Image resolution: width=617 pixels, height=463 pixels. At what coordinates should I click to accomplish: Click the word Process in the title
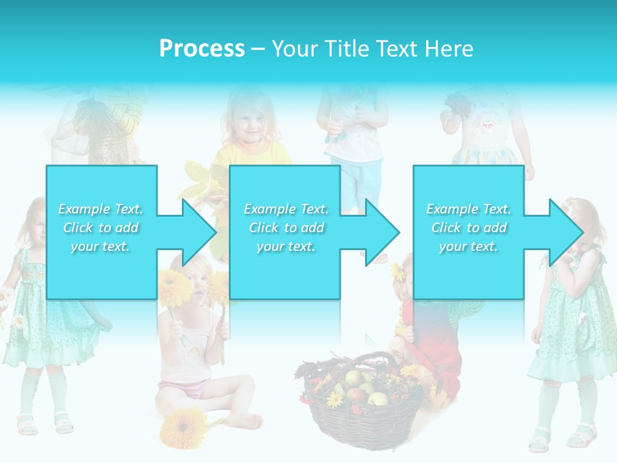coord(202,49)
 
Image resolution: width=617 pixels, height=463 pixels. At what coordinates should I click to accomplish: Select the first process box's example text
coord(100,227)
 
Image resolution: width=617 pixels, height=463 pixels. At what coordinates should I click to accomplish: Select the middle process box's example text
coord(285,227)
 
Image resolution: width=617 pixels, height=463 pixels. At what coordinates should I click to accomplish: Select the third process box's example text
coord(469,227)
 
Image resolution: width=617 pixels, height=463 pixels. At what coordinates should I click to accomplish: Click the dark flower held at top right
coord(457,103)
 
